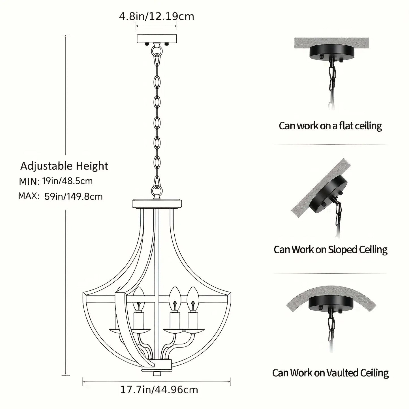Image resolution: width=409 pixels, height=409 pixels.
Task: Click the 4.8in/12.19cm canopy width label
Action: pyautogui.click(x=157, y=16)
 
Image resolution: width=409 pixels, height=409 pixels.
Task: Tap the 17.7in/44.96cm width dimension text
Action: pyautogui.click(x=159, y=396)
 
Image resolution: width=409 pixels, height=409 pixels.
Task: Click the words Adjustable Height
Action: pyautogui.click(x=64, y=166)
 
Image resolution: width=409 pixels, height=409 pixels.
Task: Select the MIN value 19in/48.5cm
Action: pyautogui.click(x=67, y=181)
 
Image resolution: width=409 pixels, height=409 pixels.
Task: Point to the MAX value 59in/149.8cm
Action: pyautogui.click(x=73, y=196)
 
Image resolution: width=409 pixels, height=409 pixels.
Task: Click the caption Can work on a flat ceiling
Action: pyautogui.click(x=330, y=126)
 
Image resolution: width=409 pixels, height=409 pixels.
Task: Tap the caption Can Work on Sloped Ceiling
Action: pyautogui.click(x=331, y=250)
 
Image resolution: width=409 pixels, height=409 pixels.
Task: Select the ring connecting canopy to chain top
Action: pyautogui.click(x=157, y=51)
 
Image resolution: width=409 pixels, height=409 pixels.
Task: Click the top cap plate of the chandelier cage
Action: pyautogui.click(x=157, y=203)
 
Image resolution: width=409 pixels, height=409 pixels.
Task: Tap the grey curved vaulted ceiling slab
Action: pyautogui.click(x=331, y=298)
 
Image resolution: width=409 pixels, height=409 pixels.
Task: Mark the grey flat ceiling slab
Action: pyautogui.click(x=331, y=43)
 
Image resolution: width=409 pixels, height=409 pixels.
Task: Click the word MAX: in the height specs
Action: pyautogui.click(x=29, y=196)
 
